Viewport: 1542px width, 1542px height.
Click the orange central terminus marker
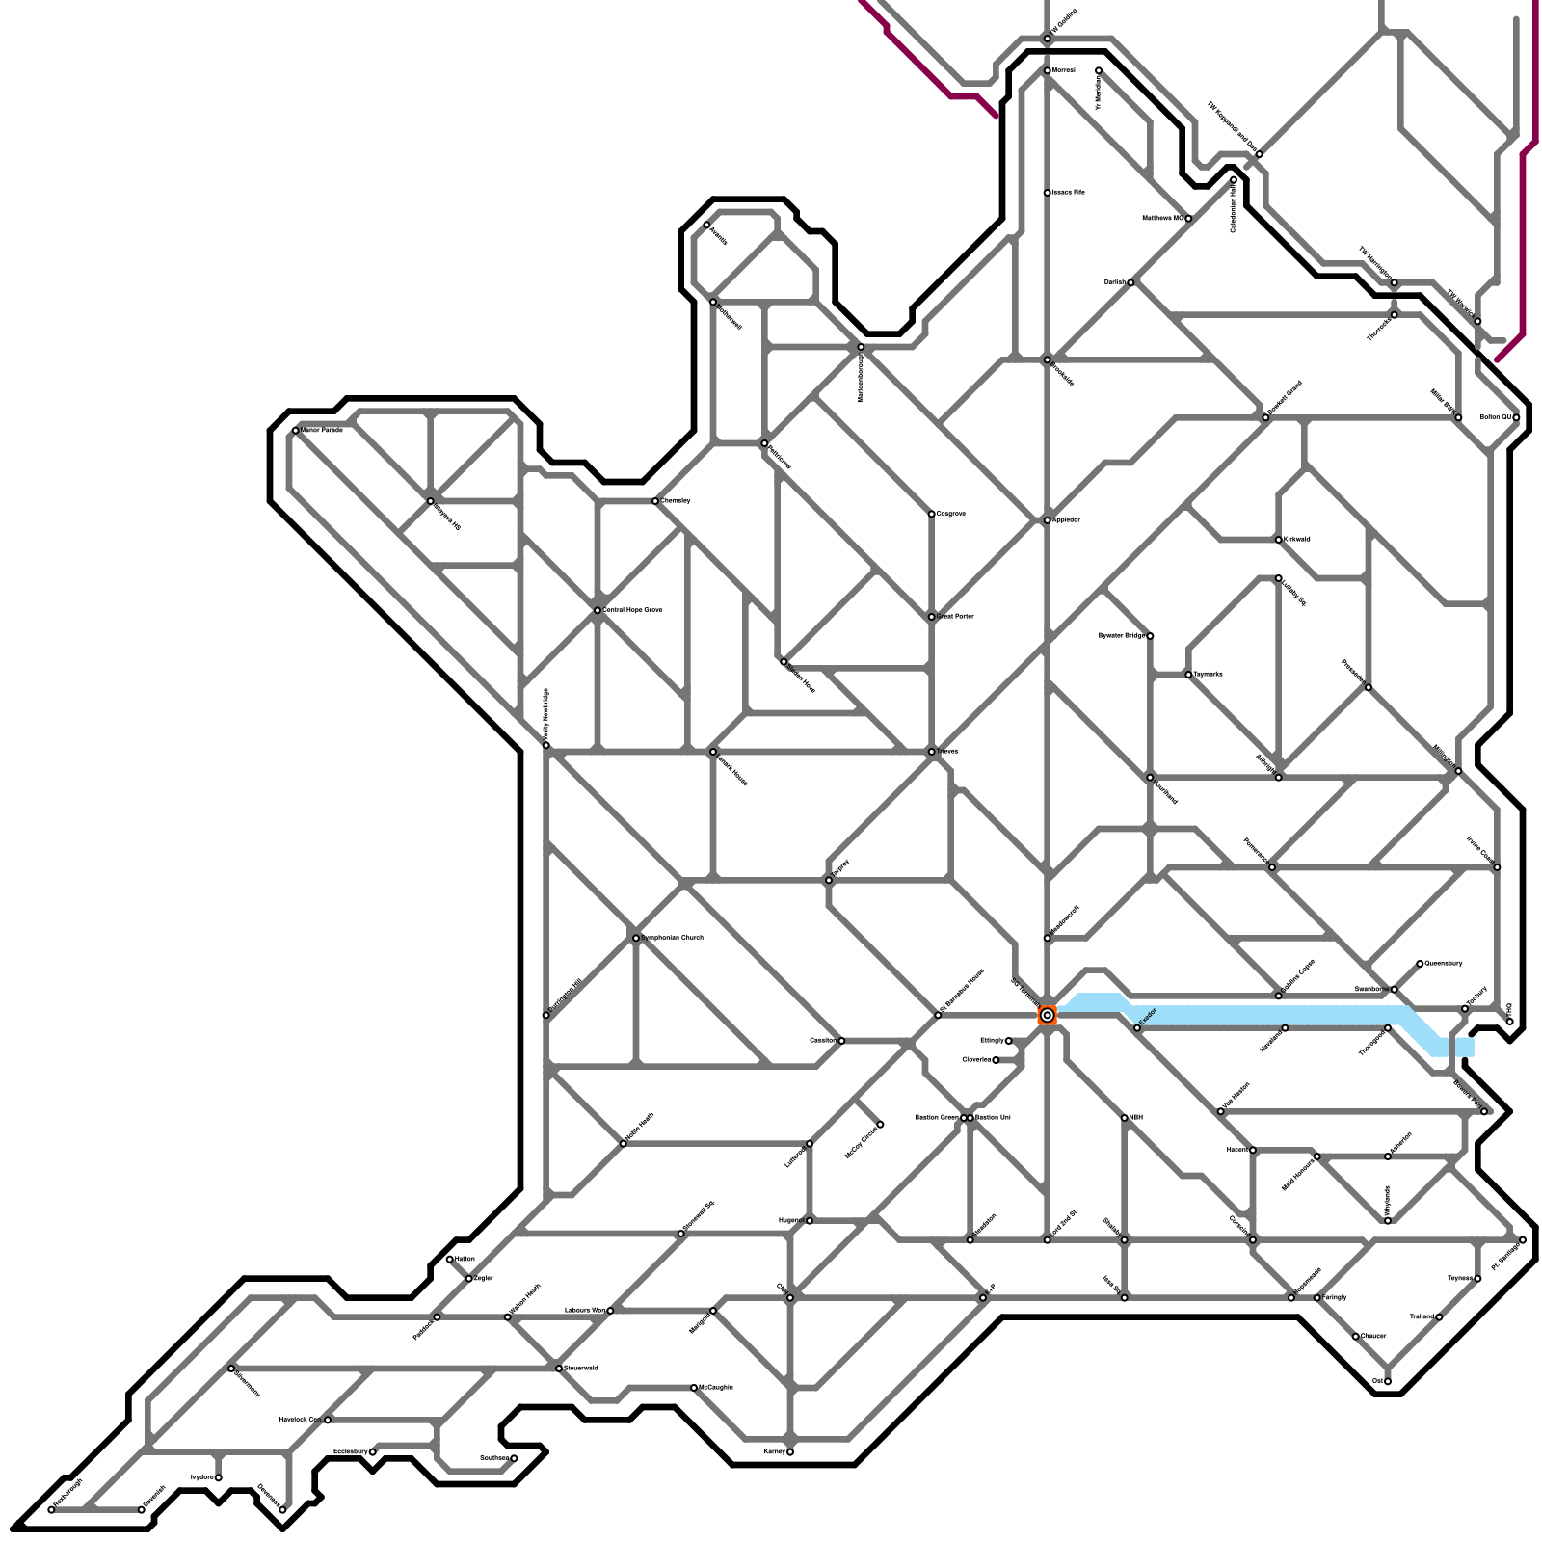point(1047,1015)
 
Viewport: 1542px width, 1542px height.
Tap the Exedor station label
point(1147,1017)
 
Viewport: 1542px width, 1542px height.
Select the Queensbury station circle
point(1420,964)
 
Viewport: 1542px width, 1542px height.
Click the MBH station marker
point(1125,1118)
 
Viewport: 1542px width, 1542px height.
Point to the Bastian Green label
point(936,1118)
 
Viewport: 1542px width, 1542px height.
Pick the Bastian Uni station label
point(993,1118)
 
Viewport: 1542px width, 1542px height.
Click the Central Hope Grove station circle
point(598,610)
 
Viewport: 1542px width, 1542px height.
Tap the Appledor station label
point(1067,520)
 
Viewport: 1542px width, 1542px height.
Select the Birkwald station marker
point(1279,540)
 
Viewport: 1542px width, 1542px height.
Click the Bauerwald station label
point(581,1368)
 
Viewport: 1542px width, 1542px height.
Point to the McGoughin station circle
point(694,1388)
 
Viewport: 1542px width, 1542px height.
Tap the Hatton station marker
point(450,1259)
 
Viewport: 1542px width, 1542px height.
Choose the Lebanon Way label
point(585,1311)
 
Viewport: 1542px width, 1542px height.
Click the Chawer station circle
point(1356,1337)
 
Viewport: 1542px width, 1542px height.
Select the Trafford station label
point(1422,1316)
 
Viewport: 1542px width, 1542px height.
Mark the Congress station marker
point(932,514)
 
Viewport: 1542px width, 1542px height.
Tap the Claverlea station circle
point(996,1060)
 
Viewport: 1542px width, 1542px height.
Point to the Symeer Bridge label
point(1121,636)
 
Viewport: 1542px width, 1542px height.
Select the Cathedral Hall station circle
point(1234,180)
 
